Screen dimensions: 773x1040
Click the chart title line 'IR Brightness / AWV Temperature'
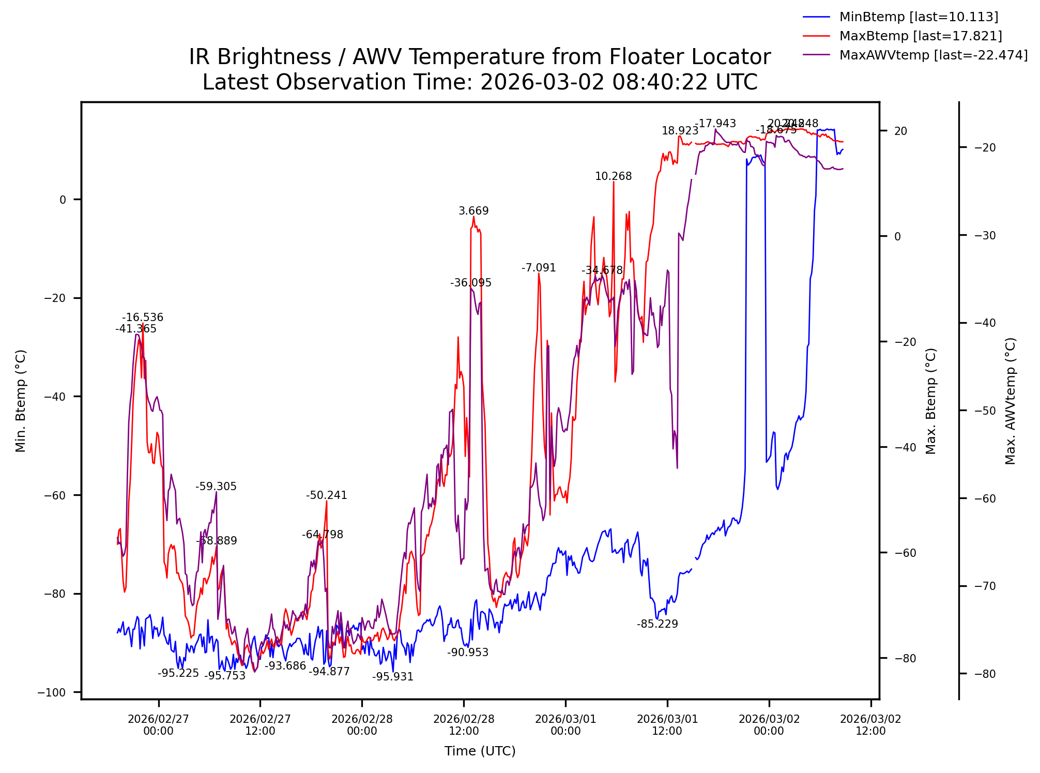pos(479,57)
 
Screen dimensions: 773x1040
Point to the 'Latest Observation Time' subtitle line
pos(479,82)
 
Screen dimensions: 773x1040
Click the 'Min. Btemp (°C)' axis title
pos(21,401)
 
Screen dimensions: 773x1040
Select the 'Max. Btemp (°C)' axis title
pos(931,401)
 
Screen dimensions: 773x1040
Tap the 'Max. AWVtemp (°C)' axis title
pos(1011,401)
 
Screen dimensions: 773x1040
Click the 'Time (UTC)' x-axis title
pos(480,751)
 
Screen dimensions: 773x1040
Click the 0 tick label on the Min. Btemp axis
pos(63,200)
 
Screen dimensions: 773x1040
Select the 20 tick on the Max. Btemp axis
pos(900,131)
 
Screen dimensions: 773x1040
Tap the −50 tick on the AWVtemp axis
pos(985,411)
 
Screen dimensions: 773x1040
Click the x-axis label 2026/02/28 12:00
pos(464,725)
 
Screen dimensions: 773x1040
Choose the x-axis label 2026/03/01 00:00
pos(565,725)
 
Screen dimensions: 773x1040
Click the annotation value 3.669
pos(473,211)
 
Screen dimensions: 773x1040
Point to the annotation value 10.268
pos(613,176)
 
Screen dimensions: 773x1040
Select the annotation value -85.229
pos(657,624)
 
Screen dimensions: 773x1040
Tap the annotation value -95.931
pos(393,677)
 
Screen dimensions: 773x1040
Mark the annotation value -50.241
pos(326,495)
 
